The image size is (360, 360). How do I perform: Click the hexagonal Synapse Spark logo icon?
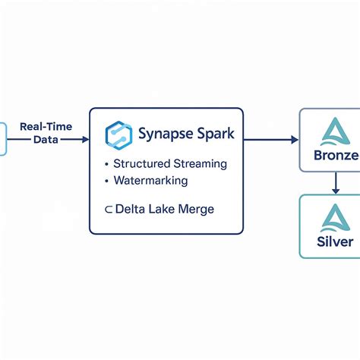(119, 134)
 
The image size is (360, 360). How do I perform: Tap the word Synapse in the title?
(165, 134)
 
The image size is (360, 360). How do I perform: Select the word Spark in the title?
(215, 134)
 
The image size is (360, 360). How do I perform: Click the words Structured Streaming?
(169, 163)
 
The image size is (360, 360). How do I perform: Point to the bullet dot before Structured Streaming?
(105, 164)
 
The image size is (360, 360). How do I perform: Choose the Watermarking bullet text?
(150, 181)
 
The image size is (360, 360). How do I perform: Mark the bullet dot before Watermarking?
(105, 182)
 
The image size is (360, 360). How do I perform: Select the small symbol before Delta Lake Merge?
(109, 210)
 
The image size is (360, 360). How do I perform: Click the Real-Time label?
(46, 127)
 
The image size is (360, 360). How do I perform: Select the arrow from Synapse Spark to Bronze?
(270, 140)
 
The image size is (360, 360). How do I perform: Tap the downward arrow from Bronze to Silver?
(334, 182)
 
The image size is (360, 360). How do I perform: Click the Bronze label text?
(335, 156)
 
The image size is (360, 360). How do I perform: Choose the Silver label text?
(334, 242)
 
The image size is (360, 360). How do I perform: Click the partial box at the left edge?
(3, 140)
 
